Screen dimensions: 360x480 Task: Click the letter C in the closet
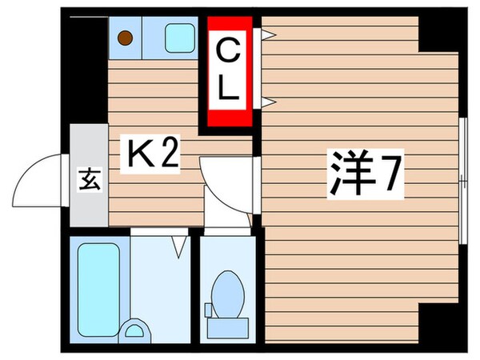(229, 53)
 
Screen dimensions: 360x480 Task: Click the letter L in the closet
(229, 89)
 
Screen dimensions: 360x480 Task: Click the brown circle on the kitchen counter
(125, 36)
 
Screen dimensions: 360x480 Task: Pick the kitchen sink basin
(179, 37)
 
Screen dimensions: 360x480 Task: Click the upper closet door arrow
(269, 34)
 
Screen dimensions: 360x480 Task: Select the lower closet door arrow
(269, 101)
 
